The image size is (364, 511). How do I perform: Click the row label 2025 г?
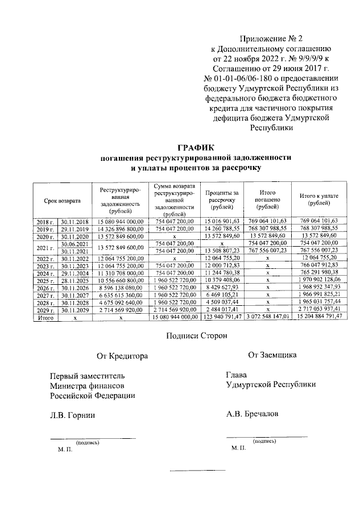[x=44, y=280]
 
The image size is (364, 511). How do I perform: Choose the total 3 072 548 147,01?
[x=267, y=316]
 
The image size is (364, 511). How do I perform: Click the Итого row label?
[x=44, y=316]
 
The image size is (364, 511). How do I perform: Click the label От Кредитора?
[x=122, y=356]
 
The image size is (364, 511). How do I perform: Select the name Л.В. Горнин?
[x=72, y=416]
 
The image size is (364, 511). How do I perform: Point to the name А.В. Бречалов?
[x=252, y=414]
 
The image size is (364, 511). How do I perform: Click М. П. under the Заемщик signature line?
[x=239, y=448]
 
